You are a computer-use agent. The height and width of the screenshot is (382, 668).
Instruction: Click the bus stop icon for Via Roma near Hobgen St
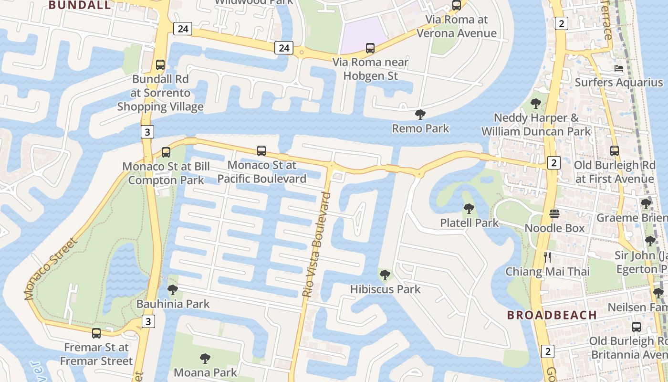pos(370,48)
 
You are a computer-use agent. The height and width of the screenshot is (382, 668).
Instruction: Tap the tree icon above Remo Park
pos(420,114)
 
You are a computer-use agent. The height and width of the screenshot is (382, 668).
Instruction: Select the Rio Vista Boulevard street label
pos(316,244)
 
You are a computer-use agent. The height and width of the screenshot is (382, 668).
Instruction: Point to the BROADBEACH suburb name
pos(552,315)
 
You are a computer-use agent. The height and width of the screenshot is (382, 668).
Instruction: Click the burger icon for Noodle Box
pos(554,213)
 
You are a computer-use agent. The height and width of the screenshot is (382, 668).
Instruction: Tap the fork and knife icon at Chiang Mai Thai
pos(547,257)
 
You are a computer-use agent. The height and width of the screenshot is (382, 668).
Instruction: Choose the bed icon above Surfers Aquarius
pos(619,68)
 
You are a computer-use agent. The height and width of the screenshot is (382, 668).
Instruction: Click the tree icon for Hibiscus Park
pos(385,275)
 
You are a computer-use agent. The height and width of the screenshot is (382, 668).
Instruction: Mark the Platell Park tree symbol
pos(469,208)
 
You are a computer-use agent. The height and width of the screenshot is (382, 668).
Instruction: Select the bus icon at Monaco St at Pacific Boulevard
pos(261,151)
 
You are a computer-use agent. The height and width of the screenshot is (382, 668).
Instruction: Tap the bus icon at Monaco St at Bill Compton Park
pos(166,152)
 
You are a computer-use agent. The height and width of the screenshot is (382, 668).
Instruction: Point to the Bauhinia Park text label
pos(173,304)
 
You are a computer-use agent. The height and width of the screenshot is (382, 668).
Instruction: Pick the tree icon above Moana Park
pos(205,358)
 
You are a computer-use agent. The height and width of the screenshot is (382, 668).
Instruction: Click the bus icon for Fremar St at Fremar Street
pos(96,333)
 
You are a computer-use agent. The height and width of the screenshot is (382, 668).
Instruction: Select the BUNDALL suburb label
pos(80,5)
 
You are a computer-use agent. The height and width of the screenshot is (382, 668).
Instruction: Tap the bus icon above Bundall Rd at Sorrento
pos(160,64)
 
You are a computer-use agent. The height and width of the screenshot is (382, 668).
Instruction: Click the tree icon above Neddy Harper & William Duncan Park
pos(536,103)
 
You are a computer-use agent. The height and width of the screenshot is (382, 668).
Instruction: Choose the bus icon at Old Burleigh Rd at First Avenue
pos(615,151)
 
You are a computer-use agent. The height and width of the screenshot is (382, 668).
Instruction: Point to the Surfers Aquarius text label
pos(619,82)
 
